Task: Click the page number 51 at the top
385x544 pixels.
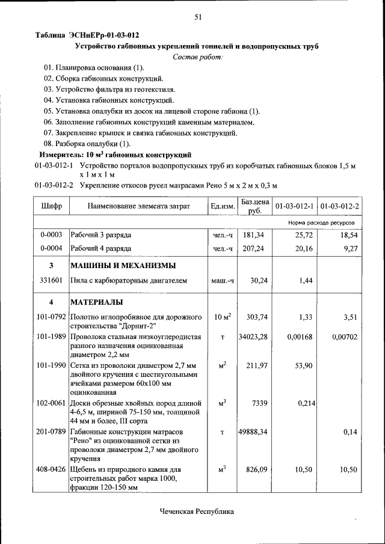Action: click(197, 17)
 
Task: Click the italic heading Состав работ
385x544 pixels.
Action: click(197, 57)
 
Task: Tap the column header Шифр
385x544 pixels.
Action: click(51, 206)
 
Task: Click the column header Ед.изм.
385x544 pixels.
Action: click(223, 206)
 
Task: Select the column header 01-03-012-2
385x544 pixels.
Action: click(340, 206)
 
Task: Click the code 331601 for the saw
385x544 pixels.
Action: click(51, 280)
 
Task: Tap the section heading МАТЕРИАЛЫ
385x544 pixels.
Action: click(97, 302)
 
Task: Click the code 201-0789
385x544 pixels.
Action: click(51, 432)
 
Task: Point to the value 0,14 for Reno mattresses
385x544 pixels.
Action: click(351, 432)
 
